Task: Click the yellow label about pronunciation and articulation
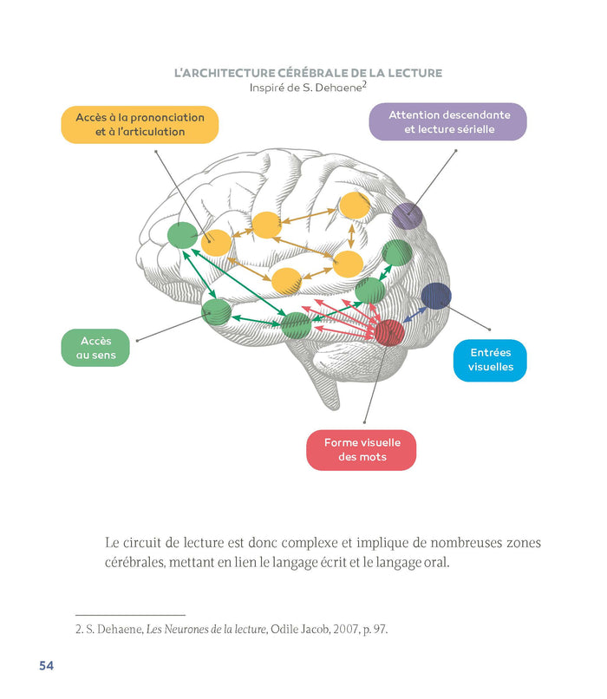tap(140, 124)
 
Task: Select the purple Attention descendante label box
tap(448, 122)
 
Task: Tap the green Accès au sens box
tap(95, 348)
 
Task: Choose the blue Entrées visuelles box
tap(491, 360)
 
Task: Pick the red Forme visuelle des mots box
tap(362, 449)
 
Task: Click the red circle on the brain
tap(389, 333)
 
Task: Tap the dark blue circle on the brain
tap(436, 297)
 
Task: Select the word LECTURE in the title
tap(405, 74)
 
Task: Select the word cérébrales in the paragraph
tap(137, 563)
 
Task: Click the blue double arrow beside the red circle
tap(414, 314)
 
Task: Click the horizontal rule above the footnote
tap(130, 614)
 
